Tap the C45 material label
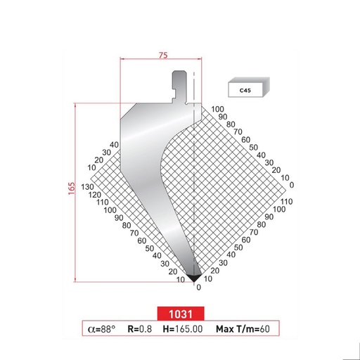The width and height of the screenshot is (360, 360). coord(245,90)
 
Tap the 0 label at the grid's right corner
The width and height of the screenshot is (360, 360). coord(291,185)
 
